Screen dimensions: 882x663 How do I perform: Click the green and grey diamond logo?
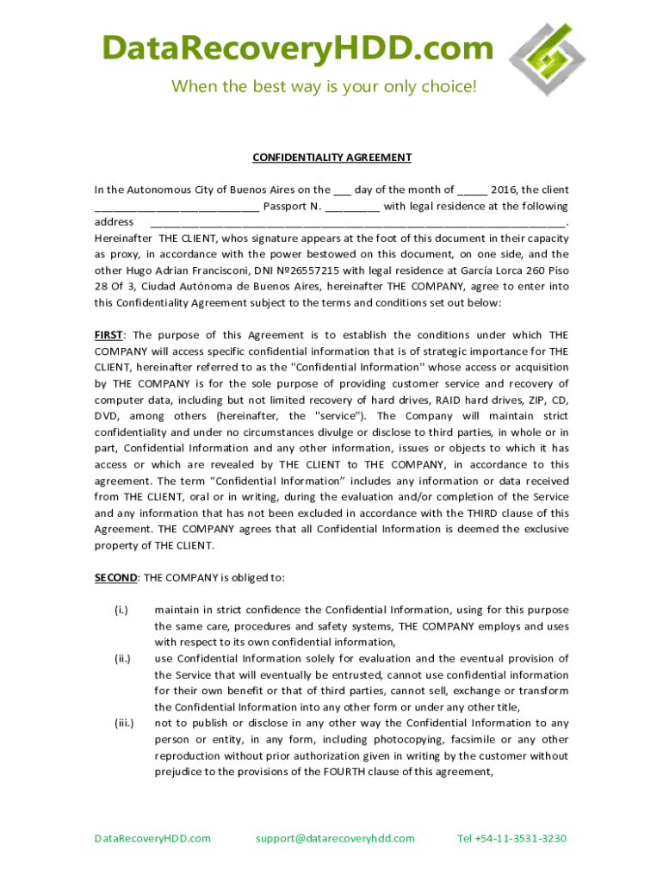551,59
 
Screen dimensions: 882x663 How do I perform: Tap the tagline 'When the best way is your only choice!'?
323,87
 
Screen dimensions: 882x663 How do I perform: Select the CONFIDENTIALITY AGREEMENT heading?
331,158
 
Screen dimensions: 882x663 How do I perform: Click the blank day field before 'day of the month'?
342,190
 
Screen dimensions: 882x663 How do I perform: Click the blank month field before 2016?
473,190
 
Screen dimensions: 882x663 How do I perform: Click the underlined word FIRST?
108,335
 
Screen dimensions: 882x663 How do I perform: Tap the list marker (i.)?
121,610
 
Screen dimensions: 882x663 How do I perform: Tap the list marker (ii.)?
122,659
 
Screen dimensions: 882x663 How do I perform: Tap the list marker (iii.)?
124,724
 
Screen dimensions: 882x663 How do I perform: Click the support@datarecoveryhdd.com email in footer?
336,838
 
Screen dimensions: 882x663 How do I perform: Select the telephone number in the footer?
511,838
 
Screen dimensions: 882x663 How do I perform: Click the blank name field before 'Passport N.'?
177,207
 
